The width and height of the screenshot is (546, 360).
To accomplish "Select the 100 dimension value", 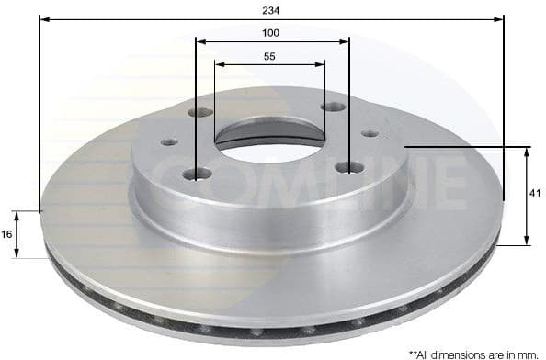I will [x=270, y=32].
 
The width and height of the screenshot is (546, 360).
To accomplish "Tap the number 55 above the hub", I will [x=269, y=56].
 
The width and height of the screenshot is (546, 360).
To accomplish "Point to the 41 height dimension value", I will [x=536, y=195].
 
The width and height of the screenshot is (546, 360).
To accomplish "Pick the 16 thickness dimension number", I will [x=7, y=234].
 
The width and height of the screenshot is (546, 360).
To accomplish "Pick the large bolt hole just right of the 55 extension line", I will [x=333, y=107].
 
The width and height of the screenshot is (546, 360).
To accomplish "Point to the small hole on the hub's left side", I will [x=169, y=142].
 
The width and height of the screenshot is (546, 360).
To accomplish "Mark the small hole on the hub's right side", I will [x=370, y=133].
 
